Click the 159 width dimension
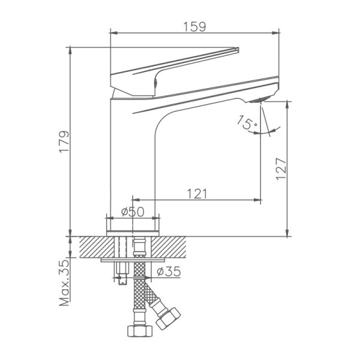point(194,26)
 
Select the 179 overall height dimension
point(64,141)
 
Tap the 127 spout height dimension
point(281,169)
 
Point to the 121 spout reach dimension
point(197,194)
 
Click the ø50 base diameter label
point(133,212)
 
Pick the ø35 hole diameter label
point(169,272)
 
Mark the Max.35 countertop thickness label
point(64,283)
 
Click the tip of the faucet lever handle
point(237,49)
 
